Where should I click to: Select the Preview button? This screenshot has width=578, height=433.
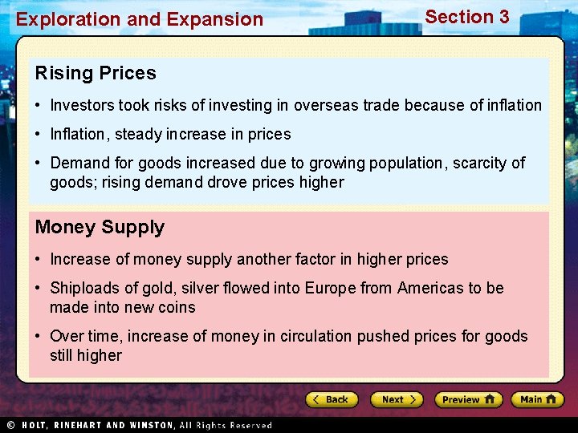[x=468, y=399]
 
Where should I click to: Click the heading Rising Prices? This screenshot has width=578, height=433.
[x=96, y=74]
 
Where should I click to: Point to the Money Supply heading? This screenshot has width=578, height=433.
[x=100, y=228]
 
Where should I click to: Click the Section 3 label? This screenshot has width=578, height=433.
[x=466, y=17]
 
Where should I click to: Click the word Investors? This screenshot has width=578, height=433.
[x=82, y=106]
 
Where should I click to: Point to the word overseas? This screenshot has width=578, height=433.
[x=326, y=106]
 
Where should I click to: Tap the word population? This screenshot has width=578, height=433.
[x=406, y=164]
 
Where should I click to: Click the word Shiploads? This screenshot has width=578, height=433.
[x=83, y=289]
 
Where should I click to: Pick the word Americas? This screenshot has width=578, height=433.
[x=429, y=289]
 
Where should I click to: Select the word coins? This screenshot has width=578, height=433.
[x=177, y=308]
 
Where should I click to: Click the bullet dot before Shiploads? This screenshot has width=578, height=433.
[x=39, y=289]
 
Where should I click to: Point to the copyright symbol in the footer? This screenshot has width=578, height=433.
[x=11, y=425]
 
